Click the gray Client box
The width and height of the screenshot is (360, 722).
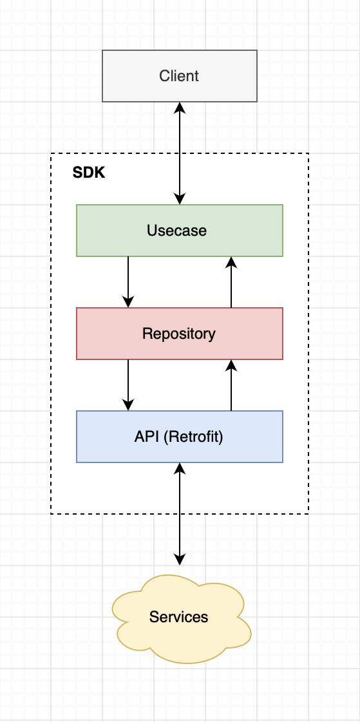[x=180, y=76]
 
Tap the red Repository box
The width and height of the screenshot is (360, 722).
[x=180, y=334]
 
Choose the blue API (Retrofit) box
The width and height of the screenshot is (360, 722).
[x=180, y=437]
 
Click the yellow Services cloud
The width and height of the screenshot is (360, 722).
[x=180, y=617]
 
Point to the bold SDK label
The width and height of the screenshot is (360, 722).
[x=89, y=173]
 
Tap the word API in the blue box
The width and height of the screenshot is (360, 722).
[x=147, y=437]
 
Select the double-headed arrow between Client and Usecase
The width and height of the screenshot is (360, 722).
[x=180, y=153]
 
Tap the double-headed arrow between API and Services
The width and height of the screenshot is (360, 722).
[x=180, y=514]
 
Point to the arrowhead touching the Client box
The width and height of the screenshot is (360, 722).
[x=180, y=108]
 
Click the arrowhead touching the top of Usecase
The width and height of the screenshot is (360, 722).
[x=180, y=198]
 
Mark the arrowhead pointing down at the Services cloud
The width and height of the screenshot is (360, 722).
[x=180, y=560]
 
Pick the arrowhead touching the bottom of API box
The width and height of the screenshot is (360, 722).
[x=180, y=469]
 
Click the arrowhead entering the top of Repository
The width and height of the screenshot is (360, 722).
[x=128, y=301]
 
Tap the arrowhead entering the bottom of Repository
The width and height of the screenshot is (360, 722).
[x=231, y=366]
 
